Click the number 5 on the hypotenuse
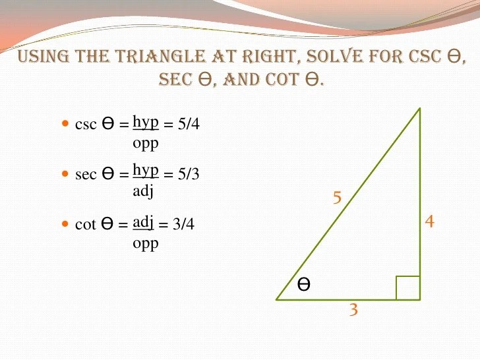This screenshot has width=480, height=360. pyautogui.click(x=337, y=198)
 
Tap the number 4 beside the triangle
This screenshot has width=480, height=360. pyautogui.click(x=429, y=222)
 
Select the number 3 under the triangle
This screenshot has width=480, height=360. pyautogui.click(x=354, y=309)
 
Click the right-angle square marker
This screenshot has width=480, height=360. pyautogui.click(x=407, y=287)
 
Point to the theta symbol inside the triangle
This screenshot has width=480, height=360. pyautogui.click(x=304, y=285)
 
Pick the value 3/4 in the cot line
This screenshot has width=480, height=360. pyautogui.click(x=183, y=224)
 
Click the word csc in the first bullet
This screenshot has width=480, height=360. pyautogui.click(x=86, y=125)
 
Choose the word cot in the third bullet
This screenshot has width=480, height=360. pyautogui.click(x=86, y=225)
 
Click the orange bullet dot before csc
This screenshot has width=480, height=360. pyautogui.click(x=65, y=123)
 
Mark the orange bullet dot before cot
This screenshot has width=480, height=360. pyautogui.click(x=65, y=224)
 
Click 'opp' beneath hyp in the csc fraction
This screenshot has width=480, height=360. pyautogui.click(x=146, y=142)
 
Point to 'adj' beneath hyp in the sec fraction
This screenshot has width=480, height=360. pyautogui.click(x=143, y=191)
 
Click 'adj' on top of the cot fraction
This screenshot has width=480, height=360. pyautogui.click(x=143, y=222)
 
